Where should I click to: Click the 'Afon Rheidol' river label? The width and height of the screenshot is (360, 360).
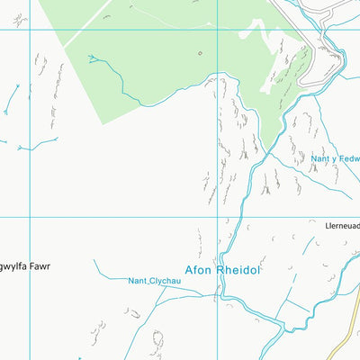[x=221, y=269]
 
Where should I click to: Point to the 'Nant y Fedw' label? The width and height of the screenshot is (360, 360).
[x=335, y=159]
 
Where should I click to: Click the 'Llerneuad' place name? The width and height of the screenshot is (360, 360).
[x=342, y=226]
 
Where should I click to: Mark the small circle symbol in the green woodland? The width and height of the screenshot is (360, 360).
[x=200, y=52]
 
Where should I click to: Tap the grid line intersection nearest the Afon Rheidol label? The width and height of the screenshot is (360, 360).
[x=217, y=217]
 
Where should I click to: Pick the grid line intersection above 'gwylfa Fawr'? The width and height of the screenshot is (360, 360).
[x=29, y=217]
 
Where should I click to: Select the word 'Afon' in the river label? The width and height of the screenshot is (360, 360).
[x=197, y=269]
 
